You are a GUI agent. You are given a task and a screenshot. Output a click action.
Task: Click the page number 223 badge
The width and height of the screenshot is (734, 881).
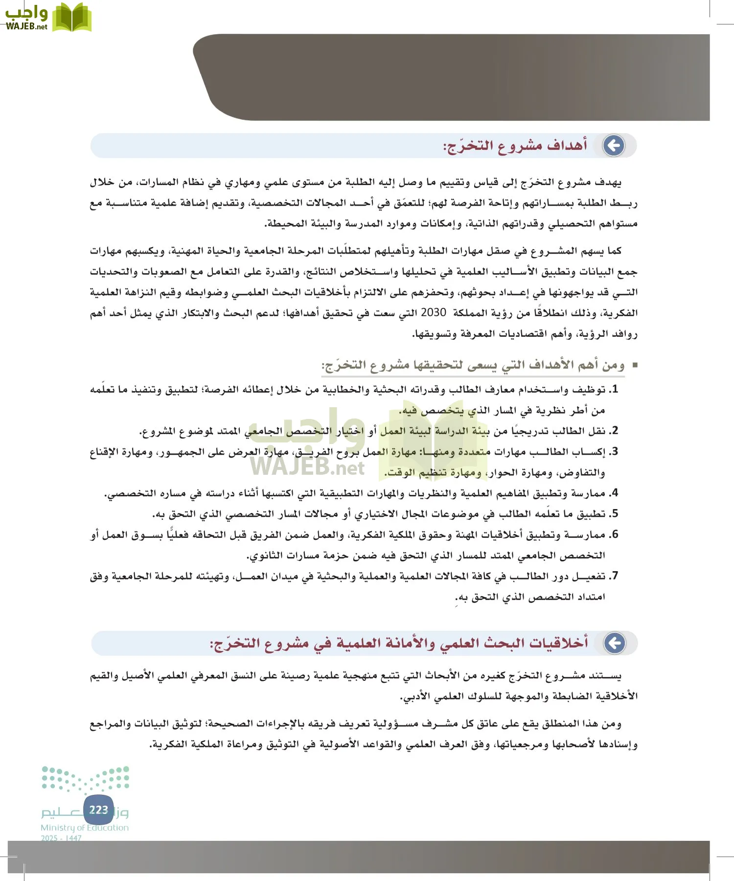[99, 810]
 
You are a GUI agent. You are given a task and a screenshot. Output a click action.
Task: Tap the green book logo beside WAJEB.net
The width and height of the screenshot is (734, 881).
[72, 18]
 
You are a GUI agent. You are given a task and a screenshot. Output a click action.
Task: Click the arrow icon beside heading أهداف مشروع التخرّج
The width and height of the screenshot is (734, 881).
[614, 145]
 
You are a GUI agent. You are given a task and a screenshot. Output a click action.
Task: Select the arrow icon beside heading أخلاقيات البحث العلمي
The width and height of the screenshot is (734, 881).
[615, 643]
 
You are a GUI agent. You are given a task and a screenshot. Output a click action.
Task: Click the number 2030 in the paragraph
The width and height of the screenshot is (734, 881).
[433, 312]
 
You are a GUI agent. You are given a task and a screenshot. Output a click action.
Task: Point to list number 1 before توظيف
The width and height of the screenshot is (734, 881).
[615, 390]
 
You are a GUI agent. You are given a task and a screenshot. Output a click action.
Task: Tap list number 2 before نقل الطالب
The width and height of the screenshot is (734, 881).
[615, 431]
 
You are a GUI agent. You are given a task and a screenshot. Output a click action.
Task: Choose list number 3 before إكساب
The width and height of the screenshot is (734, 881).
[615, 451]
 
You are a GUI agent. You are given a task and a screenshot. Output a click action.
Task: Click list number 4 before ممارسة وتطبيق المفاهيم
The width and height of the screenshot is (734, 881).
[615, 493]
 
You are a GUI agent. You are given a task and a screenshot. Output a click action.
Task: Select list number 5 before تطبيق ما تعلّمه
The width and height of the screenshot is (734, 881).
[615, 513]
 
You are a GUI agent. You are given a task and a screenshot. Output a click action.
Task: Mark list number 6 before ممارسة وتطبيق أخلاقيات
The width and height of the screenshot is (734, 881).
[615, 534]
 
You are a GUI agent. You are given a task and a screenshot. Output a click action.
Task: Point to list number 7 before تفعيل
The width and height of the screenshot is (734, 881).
[615, 576]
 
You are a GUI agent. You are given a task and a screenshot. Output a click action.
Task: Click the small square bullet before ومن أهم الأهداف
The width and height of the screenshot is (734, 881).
[635, 365]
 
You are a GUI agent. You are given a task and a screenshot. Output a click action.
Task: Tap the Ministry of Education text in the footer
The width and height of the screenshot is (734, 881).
[85, 828]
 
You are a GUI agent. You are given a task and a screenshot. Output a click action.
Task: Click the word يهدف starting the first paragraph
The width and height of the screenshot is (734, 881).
[608, 183]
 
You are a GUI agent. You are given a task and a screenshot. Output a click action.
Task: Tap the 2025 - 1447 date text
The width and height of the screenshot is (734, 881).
[61, 838]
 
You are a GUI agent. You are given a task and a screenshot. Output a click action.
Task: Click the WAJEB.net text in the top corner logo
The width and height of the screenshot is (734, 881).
[27, 26]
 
